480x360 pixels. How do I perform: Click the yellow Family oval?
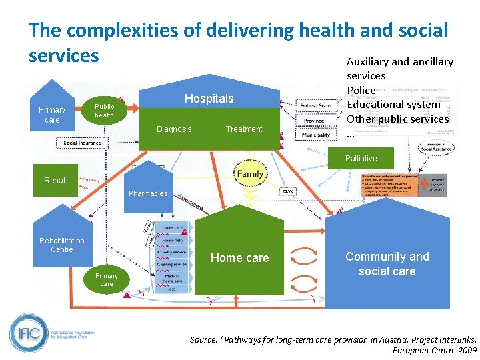pos(250,173)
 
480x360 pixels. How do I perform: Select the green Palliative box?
pos(361,159)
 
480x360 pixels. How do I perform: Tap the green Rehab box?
pos(56,180)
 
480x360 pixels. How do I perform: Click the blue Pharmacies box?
pos(148,193)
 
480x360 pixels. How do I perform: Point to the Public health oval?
pos(104,111)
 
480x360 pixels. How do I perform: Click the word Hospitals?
pos(209,99)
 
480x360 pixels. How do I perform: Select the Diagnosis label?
pos(174,129)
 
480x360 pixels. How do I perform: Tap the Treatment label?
pos(244,129)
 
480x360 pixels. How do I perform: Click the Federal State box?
pos(315,106)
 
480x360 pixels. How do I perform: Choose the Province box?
pos(315,121)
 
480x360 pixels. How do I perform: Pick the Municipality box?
pos(315,135)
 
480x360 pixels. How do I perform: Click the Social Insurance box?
pos(83,143)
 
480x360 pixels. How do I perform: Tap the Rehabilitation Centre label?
pos(62,245)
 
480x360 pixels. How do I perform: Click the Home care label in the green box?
pos(240,258)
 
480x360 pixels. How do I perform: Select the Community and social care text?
pos(387,264)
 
